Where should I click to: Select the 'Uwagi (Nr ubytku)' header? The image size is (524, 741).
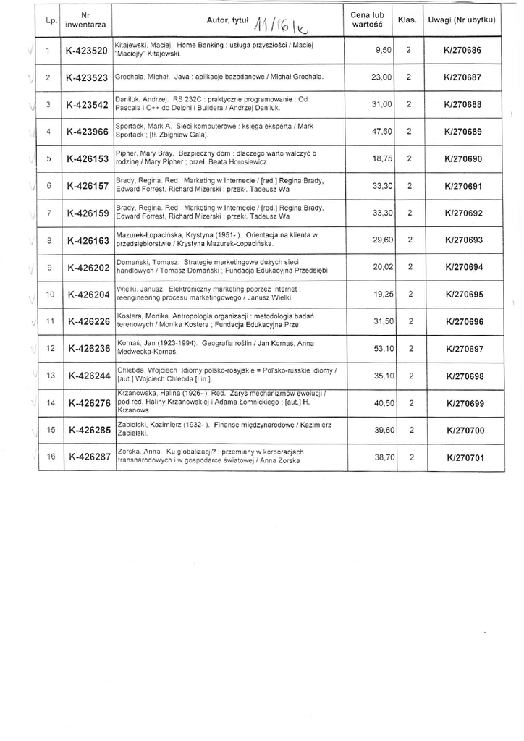462,20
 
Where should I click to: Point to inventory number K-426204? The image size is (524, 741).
88,295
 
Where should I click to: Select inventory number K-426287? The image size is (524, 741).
88,457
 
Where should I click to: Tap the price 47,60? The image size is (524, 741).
381,132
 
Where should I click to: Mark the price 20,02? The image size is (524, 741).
381,267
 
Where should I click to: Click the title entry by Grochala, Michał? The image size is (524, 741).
219,76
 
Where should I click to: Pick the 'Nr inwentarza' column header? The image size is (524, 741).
86,20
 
